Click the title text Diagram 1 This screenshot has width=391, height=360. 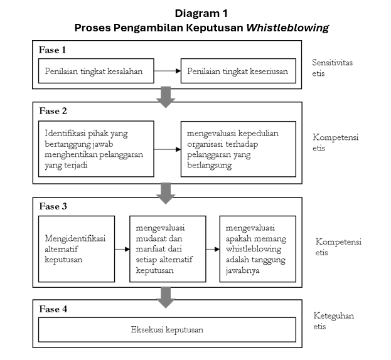tap(201, 13)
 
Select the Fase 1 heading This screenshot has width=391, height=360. tap(52, 49)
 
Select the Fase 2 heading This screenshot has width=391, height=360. tap(53, 111)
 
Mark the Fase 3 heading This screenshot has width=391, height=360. tap(53, 206)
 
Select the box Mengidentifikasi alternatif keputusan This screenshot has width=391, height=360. tap(77, 248)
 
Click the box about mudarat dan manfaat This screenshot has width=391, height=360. tap(168, 248)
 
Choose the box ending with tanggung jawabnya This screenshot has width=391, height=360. tap(257, 248)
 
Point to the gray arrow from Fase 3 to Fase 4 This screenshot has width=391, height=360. tap(166, 297)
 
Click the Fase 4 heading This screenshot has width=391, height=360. tap(53, 309)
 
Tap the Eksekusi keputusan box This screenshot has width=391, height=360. tap(167, 329)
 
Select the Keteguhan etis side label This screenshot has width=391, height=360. tap(334, 320)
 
